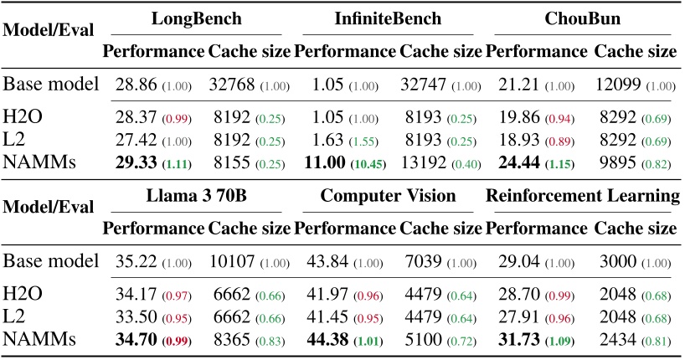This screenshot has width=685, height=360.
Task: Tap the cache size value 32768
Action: point(230,85)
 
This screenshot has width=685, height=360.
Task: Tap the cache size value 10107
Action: point(230,263)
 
